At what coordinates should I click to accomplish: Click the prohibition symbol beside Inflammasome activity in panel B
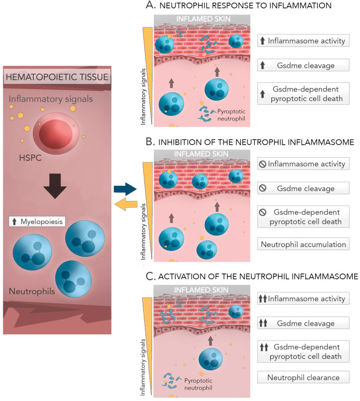263,164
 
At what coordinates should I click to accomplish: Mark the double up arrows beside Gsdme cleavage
263,323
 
